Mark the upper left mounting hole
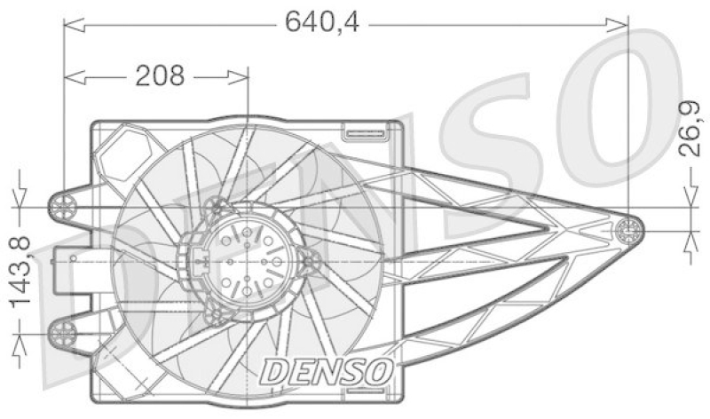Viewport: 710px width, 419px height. (64, 207)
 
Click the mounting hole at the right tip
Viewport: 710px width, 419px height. (628, 231)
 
